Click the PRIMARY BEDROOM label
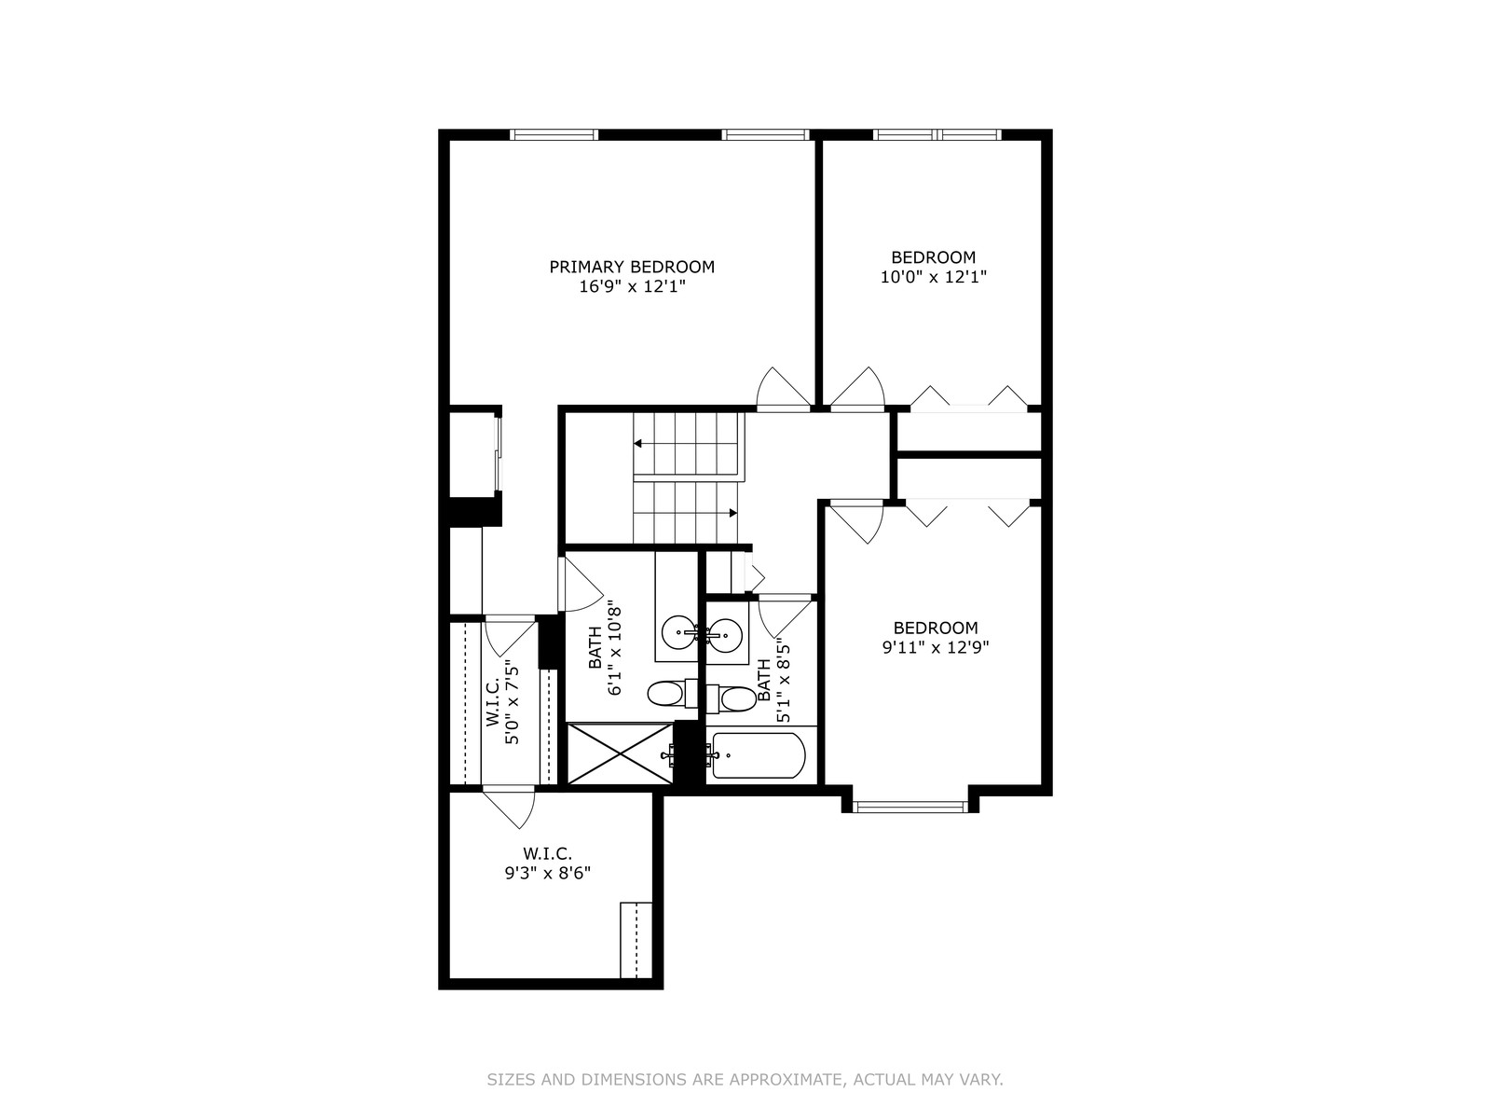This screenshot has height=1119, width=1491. tap(632, 267)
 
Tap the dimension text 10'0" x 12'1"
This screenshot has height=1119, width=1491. tap(934, 277)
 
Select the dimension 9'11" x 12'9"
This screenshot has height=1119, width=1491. tap(936, 647)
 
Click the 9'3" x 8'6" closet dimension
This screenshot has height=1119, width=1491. tap(548, 873)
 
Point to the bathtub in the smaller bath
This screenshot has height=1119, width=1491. tap(759, 755)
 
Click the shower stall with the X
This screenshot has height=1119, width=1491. tap(620, 753)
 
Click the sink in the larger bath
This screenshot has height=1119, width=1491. tap(677, 633)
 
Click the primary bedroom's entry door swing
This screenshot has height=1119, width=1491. tap(783, 389)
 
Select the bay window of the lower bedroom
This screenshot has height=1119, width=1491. tap(910, 808)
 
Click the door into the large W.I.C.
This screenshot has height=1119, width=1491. tap(510, 808)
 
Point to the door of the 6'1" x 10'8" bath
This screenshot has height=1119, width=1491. tap(581, 585)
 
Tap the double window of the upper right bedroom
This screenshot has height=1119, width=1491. tap(937, 134)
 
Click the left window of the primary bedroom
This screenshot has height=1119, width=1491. tap(554, 134)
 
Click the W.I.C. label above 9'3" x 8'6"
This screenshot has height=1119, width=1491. tap(548, 853)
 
